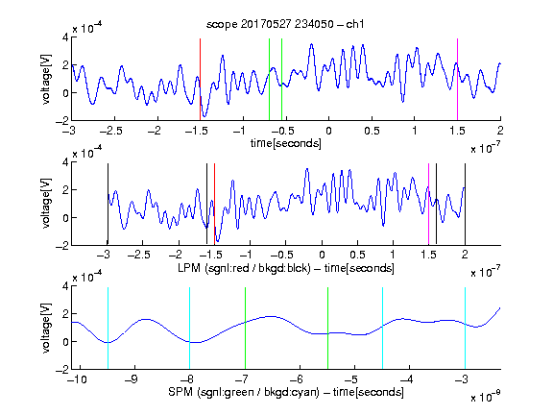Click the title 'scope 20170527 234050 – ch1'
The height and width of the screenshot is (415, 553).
click(285, 24)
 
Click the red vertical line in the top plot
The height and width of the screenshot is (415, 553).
click(200, 80)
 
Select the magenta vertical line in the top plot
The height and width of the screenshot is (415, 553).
click(457, 80)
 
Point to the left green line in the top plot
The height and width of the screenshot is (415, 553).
click(270, 80)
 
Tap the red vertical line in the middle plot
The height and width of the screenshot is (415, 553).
click(214, 204)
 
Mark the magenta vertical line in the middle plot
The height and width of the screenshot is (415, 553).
click(428, 204)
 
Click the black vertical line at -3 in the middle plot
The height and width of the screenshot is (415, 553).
click(108, 204)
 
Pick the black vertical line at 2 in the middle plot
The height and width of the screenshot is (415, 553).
click(465, 204)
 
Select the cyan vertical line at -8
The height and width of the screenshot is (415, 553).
click(190, 329)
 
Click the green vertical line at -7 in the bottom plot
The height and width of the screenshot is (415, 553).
click(245, 329)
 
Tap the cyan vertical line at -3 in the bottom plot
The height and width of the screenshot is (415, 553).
click(465, 329)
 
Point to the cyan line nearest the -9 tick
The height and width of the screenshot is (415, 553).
click(108, 329)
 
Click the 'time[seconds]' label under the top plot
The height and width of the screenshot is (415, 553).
click(286, 143)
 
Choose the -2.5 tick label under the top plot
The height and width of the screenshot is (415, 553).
click(111, 131)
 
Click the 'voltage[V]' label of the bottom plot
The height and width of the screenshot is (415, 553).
click(46, 329)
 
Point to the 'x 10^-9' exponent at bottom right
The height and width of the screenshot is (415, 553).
click(485, 397)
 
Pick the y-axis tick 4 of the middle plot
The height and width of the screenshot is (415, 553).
click(65, 162)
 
